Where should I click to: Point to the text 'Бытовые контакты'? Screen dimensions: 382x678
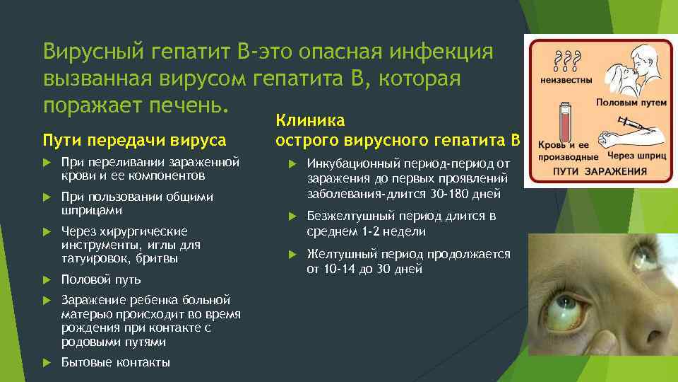click(x=116, y=363)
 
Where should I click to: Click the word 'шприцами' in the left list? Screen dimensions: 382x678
click(x=92, y=210)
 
